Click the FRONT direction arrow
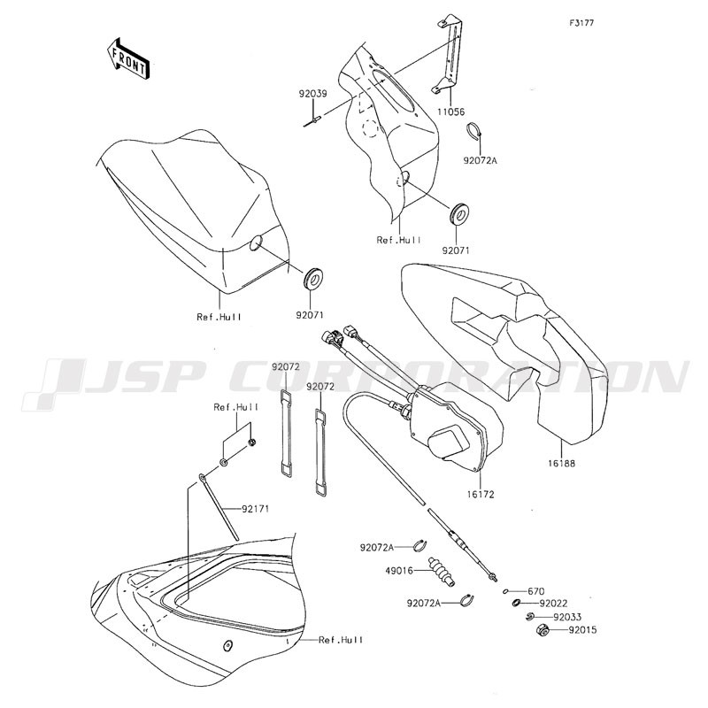point(127,59)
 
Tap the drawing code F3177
point(581,23)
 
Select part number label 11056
point(450,112)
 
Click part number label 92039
point(312,94)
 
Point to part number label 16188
point(562,463)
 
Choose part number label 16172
point(481,495)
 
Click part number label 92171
point(255,509)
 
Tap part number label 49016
point(399,571)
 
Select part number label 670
point(536,591)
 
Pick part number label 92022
point(554,604)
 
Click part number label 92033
point(567,617)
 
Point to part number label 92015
point(582,629)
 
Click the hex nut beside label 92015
point(543,629)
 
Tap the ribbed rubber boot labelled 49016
point(441,573)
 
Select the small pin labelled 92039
point(312,122)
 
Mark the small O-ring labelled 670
point(505,590)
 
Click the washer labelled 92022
point(516,603)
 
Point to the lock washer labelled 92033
point(530,616)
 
